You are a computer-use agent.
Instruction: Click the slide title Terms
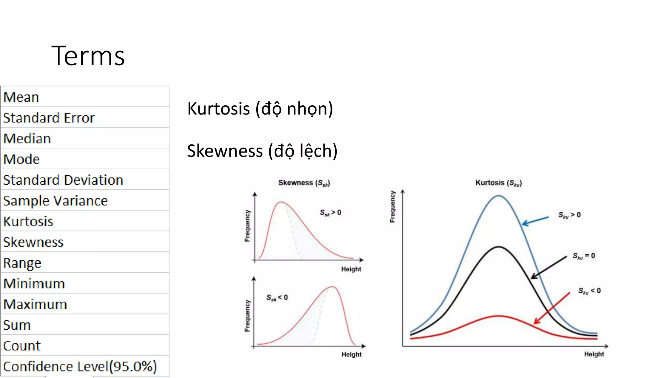[x=88, y=56]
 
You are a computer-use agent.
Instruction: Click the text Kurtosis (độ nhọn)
[x=260, y=109]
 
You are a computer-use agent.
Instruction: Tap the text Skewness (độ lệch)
[x=262, y=151]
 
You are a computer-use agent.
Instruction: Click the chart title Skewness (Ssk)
[x=304, y=183]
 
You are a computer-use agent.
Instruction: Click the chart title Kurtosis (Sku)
[x=498, y=183]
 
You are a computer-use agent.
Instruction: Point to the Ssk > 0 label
[x=330, y=213]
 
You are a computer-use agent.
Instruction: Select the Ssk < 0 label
[x=277, y=298]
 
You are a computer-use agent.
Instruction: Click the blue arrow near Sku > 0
[x=535, y=221]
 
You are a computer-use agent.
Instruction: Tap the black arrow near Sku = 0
[x=549, y=268]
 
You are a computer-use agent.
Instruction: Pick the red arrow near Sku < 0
[x=552, y=308]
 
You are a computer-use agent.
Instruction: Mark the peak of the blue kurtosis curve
[x=498, y=196]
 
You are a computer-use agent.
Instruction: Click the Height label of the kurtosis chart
[x=594, y=354]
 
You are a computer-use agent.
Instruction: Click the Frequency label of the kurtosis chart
[x=392, y=207]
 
